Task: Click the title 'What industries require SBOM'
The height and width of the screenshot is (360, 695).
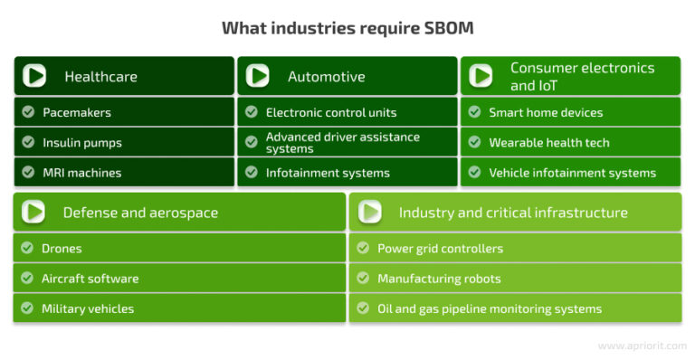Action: [347, 28]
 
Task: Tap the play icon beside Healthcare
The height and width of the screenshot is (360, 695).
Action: [35, 76]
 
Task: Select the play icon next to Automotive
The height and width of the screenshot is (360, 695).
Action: [258, 76]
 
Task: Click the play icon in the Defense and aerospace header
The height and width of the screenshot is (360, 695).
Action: [34, 213]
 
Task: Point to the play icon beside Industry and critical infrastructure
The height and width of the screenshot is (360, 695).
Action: [369, 213]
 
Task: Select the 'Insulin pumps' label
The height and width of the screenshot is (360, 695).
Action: [81, 143]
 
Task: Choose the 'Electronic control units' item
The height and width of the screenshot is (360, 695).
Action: [331, 113]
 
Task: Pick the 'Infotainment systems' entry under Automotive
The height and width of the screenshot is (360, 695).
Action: [328, 173]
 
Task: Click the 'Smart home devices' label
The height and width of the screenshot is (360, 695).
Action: [546, 113]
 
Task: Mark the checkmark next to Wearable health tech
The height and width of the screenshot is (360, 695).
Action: [473, 143]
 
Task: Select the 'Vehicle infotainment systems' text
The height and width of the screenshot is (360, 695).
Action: [572, 173]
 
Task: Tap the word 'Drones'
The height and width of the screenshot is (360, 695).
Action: [62, 249]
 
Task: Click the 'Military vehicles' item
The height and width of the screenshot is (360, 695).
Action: [88, 308]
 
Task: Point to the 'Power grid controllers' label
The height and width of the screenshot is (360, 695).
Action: [440, 249]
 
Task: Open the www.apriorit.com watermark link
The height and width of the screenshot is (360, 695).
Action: [643, 346]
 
